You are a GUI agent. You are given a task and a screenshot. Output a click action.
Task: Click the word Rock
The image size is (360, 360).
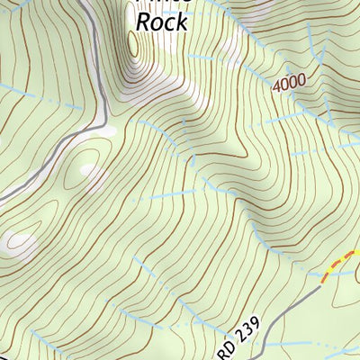point(162,21)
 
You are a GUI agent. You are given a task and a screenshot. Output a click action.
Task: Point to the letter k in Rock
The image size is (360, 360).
point(181,21)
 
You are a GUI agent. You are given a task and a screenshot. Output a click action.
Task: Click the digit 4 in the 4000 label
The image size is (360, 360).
point(275,85)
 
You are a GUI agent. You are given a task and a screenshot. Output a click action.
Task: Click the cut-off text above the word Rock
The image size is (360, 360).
point(162,3)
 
